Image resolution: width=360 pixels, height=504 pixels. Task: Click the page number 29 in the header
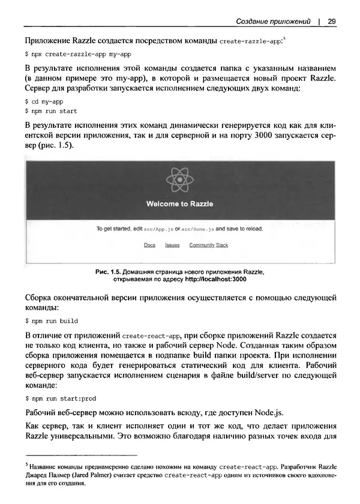[331, 22]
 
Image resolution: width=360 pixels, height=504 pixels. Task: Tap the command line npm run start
[51, 111]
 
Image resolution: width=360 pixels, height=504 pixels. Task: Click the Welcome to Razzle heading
[179, 204]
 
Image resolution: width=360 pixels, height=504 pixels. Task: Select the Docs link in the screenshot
[149, 245]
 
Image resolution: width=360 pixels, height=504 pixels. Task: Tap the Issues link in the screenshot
[172, 245]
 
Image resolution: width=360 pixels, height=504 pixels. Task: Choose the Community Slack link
[208, 245]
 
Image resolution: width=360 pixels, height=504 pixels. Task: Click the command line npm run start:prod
[60, 398]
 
